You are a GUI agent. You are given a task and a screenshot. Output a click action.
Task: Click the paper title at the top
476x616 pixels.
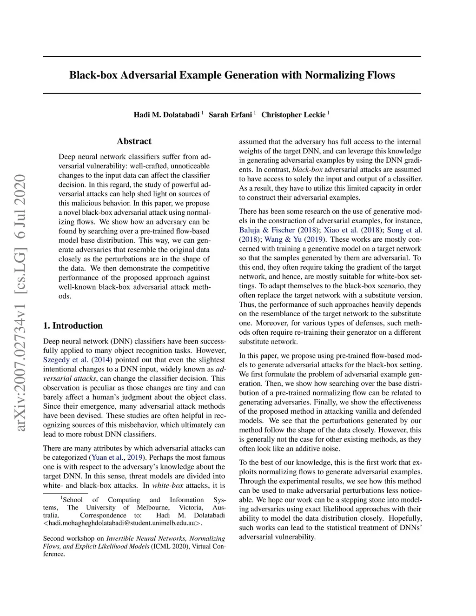232,75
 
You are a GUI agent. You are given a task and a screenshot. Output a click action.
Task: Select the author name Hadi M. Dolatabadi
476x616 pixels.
167,115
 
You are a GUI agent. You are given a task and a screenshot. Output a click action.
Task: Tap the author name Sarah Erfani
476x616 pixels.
230,115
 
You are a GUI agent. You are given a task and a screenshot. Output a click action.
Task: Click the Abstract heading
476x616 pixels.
134,141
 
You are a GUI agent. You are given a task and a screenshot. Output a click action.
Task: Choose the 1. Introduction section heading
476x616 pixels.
73,325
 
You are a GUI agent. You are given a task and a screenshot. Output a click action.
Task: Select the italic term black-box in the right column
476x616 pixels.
307,170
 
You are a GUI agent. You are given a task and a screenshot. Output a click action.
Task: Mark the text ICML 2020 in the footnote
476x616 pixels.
170,546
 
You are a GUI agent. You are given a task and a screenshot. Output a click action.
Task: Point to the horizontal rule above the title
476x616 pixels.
232,57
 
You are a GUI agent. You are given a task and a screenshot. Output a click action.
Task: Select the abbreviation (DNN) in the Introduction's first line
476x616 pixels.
121,341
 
